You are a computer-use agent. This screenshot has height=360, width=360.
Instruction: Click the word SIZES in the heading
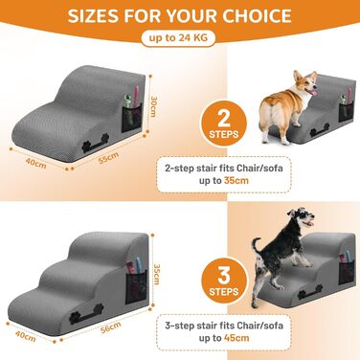pos(93,15)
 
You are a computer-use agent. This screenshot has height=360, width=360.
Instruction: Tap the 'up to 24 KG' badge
pos(178,38)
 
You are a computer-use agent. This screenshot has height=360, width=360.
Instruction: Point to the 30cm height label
pos(154,106)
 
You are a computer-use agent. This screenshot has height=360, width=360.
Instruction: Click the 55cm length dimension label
pos(108,158)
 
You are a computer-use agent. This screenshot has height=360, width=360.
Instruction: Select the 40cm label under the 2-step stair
pos(35,164)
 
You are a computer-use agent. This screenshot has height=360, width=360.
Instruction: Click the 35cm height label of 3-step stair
pos(156,274)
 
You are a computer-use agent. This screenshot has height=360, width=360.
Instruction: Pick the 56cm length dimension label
pos(111,327)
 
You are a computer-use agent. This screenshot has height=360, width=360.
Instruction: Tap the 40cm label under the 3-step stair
pos(26,336)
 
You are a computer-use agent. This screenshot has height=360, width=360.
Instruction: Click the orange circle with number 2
pos(224,123)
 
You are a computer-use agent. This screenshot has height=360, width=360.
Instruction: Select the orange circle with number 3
pos(224,281)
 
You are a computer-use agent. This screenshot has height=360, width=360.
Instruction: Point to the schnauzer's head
pos(301,217)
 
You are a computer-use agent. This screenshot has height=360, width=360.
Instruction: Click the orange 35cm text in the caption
pos(236,180)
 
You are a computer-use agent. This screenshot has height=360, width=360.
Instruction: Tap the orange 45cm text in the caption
pos(236,338)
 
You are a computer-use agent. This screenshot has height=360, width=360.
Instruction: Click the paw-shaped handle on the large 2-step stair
pos(95,142)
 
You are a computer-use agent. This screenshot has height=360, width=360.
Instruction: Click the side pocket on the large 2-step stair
pos(132,119)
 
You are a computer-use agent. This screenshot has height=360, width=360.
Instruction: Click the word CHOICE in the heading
pos(258,15)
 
